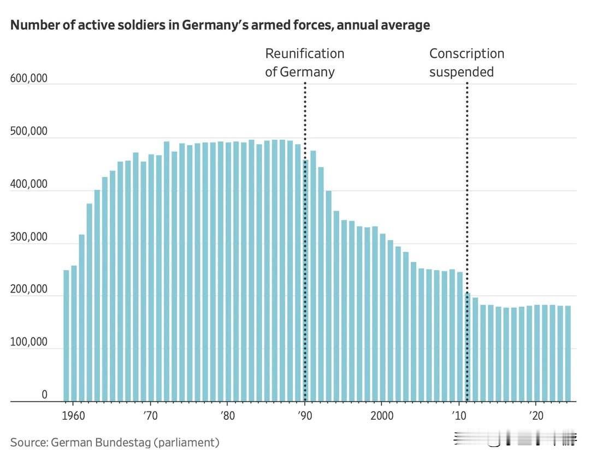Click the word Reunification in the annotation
(x=304, y=53)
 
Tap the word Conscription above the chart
(x=466, y=53)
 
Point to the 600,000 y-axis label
(x=28, y=79)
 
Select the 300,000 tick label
(x=28, y=238)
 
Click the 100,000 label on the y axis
(x=28, y=343)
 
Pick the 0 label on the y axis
(x=44, y=395)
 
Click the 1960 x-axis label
(x=74, y=415)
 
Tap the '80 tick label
(x=228, y=415)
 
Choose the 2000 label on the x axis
(x=382, y=415)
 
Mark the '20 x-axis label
(x=536, y=415)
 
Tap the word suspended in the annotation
(x=461, y=71)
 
